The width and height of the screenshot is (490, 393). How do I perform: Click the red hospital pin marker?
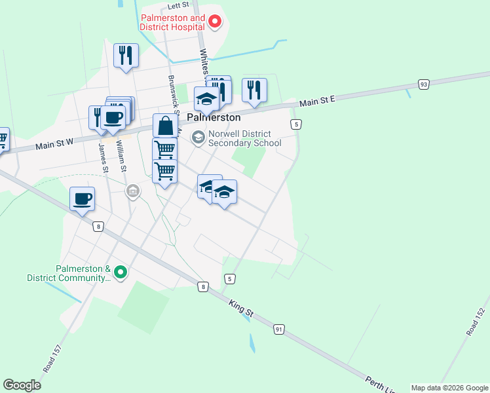pyautogui.click(x=214, y=23)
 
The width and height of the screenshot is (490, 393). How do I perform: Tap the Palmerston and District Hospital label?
pyautogui.click(x=172, y=23)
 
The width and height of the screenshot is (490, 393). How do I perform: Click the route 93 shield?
pyautogui.click(x=424, y=84)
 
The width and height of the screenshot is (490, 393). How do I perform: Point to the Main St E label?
pyautogui.click(x=317, y=101)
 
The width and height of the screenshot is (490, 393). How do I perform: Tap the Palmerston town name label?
pyautogui.click(x=214, y=119)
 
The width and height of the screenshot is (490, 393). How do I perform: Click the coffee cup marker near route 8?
pyautogui.click(x=83, y=199)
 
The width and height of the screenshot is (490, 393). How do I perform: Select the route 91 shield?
pyautogui.click(x=280, y=329)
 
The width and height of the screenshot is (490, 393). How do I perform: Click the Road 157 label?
pyautogui.click(x=52, y=359)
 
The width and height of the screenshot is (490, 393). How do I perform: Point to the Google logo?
pyautogui.click(x=22, y=385)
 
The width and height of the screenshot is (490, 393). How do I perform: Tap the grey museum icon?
pyautogui.click(x=133, y=191)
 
